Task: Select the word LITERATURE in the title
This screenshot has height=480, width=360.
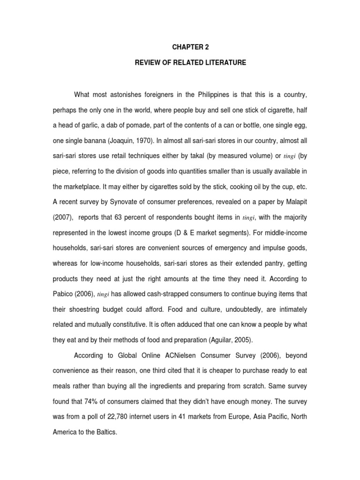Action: (x=224, y=62)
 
